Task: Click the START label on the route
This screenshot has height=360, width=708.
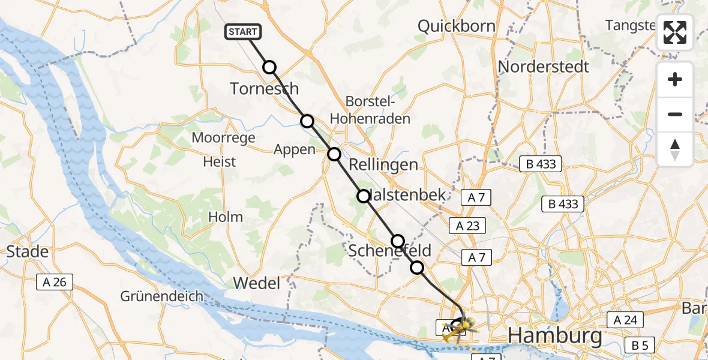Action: pyautogui.click(x=242, y=31)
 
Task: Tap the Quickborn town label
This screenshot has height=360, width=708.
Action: pyautogui.click(x=457, y=26)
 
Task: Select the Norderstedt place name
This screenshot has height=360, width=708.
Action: pyautogui.click(x=544, y=66)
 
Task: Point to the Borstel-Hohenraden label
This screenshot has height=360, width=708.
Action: pyautogui.click(x=377, y=110)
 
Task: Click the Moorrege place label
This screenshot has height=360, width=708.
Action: pyautogui.click(x=223, y=137)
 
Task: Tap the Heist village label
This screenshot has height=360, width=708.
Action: pyautogui.click(x=219, y=161)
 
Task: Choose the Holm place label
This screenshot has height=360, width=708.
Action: pyautogui.click(x=226, y=217)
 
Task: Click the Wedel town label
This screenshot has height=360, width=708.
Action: pyautogui.click(x=256, y=283)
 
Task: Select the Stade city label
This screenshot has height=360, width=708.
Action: pyautogui.click(x=28, y=251)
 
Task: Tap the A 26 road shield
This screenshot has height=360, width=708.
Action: pyautogui.click(x=55, y=281)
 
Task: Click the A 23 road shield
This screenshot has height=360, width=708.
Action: pyautogui.click(x=467, y=225)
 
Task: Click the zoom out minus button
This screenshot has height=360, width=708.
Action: pyautogui.click(x=675, y=114)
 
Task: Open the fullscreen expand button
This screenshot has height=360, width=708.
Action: pyautogui.click(x=675, y=32)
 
